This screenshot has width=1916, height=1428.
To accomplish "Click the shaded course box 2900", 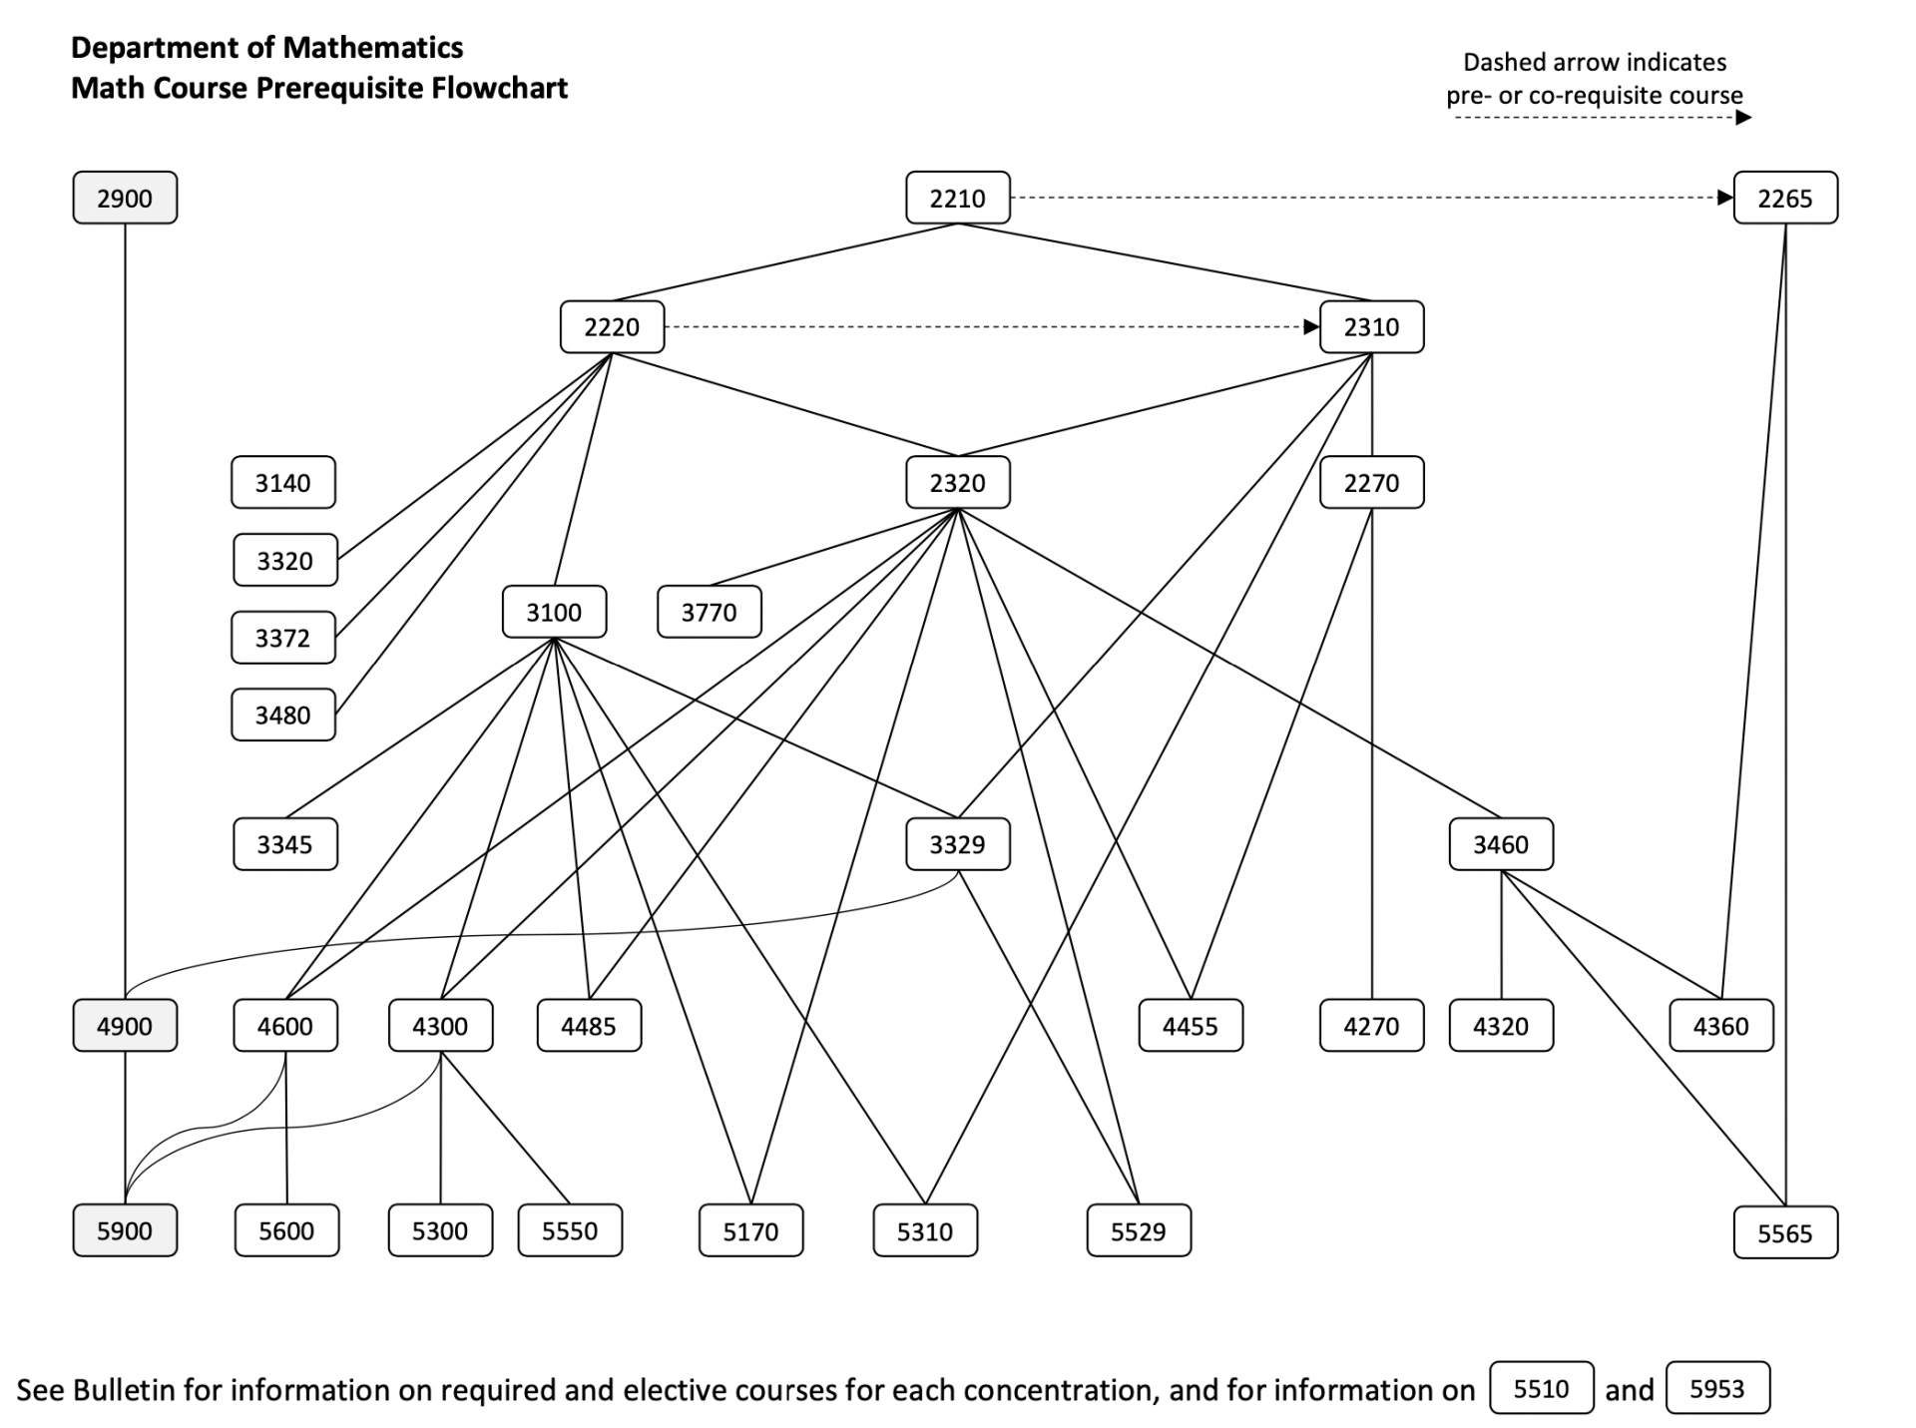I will tap(125, 198).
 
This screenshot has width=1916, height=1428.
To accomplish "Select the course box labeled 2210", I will tap(957, 198).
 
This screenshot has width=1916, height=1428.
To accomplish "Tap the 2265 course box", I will tap(1784, 198).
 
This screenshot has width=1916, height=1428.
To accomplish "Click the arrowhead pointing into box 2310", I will tap(1311, 327).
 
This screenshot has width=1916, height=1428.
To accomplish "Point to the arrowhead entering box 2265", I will tap(1724, 198).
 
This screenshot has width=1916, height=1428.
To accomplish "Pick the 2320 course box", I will tap(957, 483).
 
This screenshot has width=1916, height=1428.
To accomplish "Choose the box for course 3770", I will tap(709, 612).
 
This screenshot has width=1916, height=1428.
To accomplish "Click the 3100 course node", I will tap(554, 612).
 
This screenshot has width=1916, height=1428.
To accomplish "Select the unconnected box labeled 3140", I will tap(282, 483).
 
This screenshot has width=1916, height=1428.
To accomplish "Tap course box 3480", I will tap(282, 714).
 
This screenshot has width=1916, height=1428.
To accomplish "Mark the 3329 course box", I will tap(957, 844).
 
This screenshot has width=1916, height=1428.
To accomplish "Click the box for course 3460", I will tap(1501, 844).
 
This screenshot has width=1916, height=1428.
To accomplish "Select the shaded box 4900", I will tap(125, 1026).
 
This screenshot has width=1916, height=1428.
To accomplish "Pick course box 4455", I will tap(1190, 1026).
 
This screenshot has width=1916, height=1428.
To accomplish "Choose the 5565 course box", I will tap(1784, 1233).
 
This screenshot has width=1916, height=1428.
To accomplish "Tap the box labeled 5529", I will tap(1138, 1231).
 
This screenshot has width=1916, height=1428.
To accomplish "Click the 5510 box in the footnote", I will tap(1541, 1388).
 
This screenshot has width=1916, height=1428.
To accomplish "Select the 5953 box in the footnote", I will tap(1716, 1388).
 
